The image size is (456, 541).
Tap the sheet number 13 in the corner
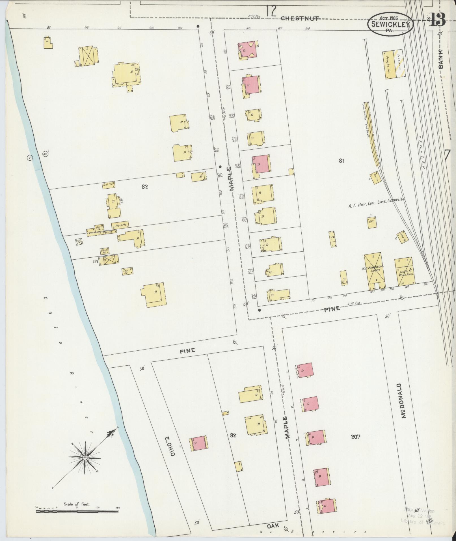437,19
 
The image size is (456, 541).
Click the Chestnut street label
300,18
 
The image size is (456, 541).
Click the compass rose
85,457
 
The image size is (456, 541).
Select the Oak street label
273,525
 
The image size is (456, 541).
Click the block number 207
355,436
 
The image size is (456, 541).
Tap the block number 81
341,161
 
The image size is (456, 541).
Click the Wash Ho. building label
120,225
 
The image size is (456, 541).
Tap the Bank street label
441,58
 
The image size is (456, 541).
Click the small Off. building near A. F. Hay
372,222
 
